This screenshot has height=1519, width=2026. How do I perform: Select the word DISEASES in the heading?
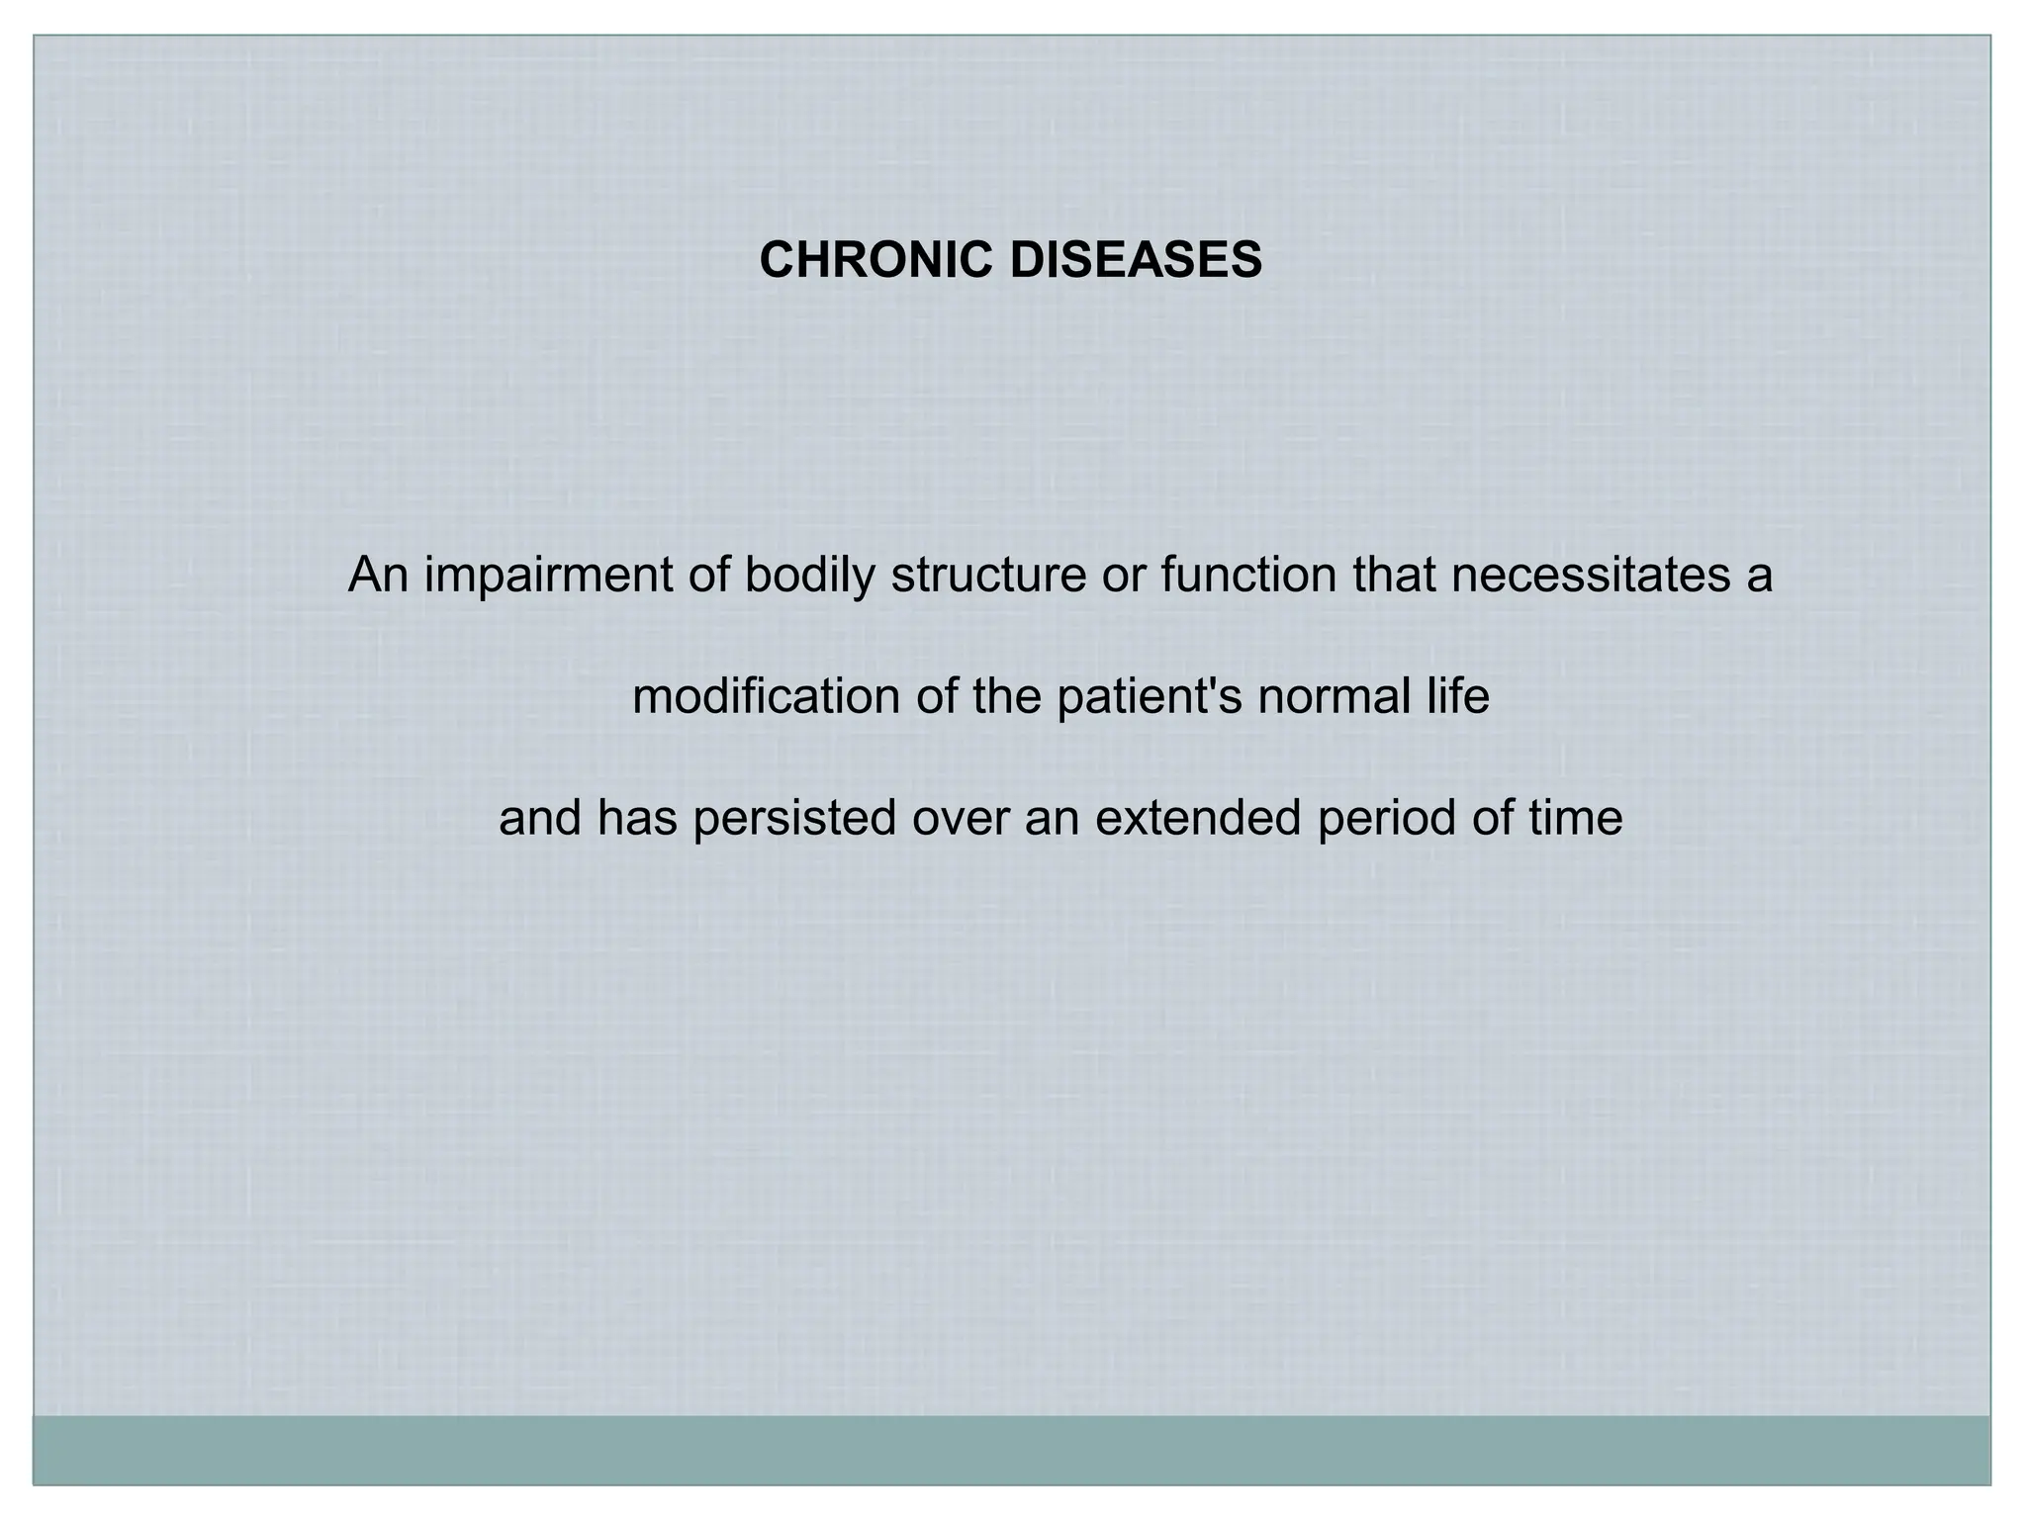point(1136,260)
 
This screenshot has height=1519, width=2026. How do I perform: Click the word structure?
point(988,576)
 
